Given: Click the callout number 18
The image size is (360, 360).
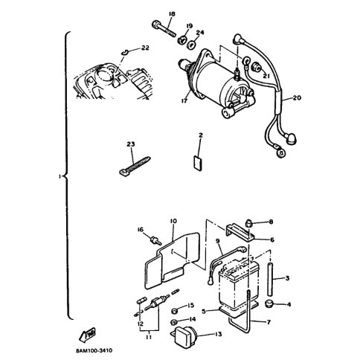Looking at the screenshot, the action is pyautogui.click(x=171, y=14).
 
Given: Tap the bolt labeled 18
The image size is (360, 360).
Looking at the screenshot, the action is pyautogui.click(x=164, y=29).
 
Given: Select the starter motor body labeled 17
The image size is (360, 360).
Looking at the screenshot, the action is pyautogui.click(x=217, y=83).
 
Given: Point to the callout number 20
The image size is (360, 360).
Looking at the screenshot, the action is pyautogui.click(x=297, y=97).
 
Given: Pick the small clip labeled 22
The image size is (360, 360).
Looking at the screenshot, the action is pyautogui.click(x=126, y=52).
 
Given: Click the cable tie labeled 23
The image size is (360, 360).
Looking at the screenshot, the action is pyautogui.click(x=134, y=164).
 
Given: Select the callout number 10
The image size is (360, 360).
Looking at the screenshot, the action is pyautogui.click(x=173, y=221).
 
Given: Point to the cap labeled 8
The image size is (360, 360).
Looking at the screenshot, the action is pyautogui.click(x=248, y=223).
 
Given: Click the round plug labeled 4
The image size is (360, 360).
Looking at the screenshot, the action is pyautogui.click(x=269, y=303).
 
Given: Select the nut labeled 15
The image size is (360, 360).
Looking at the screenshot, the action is pyautogui.click(x=175, y=310).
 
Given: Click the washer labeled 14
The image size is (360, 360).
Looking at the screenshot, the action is pyautogui.click(x=175, y=322).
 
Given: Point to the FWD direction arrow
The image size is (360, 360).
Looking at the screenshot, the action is pyautogui.click(x=87, y=335).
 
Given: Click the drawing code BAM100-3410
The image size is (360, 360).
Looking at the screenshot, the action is pyautogui.click(x=94, y=350).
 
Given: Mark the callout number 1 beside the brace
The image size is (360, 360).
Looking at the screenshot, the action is pyautogui.click(x=60, y=176).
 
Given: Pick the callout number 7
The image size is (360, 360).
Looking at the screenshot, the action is pyautogui.click(x=269, y=322).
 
